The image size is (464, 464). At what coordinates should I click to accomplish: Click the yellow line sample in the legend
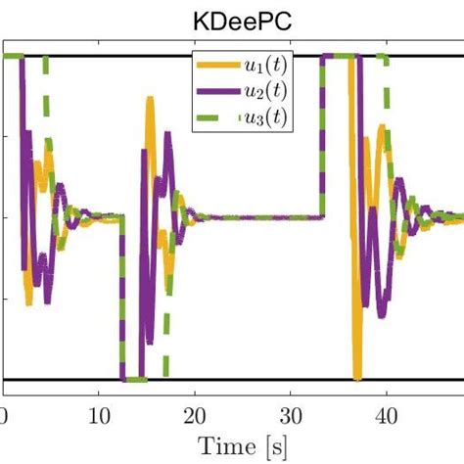(220, 65)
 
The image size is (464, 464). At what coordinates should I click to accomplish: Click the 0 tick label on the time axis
(4, 414)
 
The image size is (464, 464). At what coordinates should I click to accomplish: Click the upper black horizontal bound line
(117, 55)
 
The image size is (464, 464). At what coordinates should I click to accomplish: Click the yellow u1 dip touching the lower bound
(358, 372)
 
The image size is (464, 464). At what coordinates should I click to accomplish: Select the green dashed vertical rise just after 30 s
(322, 137)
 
